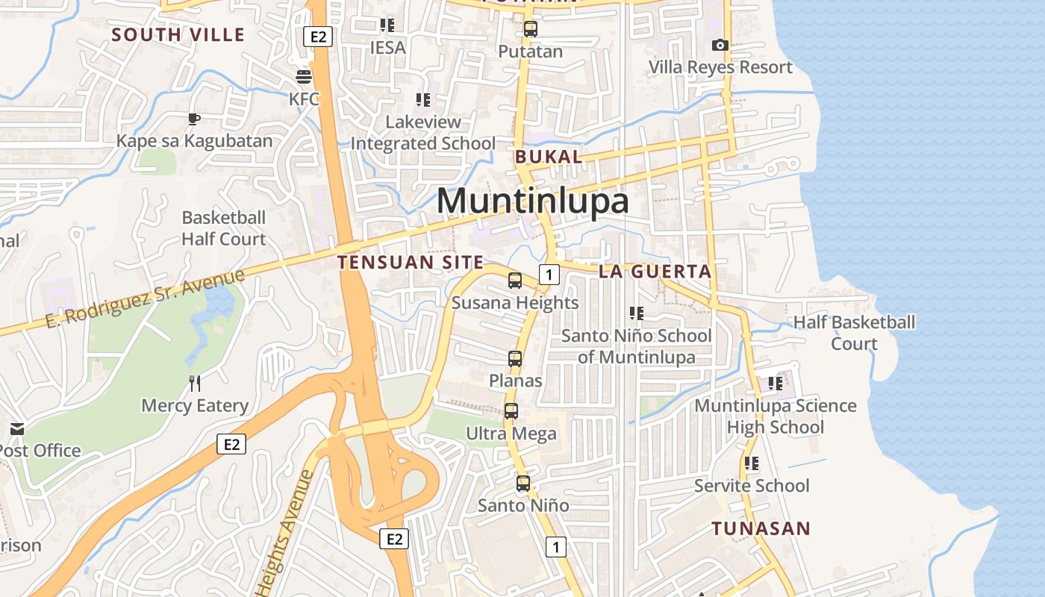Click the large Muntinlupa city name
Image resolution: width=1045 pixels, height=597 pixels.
coord(532,201)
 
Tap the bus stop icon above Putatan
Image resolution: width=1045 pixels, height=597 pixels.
coord(530,30)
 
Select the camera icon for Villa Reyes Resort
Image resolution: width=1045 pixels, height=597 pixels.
coord(720,46)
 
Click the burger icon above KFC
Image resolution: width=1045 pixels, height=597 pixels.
coord(304,77)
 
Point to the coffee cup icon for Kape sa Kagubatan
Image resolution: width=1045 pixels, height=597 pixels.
coord(194,119)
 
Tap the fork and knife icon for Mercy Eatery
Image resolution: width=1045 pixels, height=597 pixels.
coord(195,384)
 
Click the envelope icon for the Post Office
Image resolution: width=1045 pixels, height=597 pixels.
coord(17,429)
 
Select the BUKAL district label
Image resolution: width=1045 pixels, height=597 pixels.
coord(549,157)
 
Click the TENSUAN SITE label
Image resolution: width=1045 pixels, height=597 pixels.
coord(411,263)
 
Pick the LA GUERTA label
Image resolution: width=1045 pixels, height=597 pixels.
coord(655,272)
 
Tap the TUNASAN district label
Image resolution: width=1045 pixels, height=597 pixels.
coord(761,529)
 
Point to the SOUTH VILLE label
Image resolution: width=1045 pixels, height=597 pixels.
coord(178,34)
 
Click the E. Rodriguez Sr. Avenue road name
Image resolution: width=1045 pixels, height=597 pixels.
coord(145,298)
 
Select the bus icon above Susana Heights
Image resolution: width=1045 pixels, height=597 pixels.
coord(515,281)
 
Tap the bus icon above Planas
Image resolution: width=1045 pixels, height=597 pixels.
coord(515,359)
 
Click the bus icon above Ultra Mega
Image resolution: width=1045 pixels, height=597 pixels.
coord(511,411)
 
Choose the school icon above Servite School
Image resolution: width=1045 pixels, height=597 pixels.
coord(752,463)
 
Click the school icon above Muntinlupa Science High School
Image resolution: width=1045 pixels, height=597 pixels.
coord(776,384)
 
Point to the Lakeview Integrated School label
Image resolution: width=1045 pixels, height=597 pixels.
coord(423,132)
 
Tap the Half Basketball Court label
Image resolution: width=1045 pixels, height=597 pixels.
coord(854,333)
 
